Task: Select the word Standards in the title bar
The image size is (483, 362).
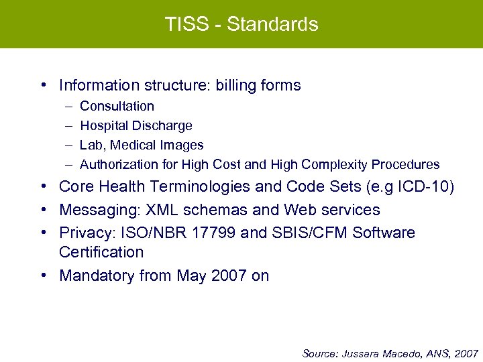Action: [272, 24]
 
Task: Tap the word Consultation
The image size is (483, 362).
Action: [117, 106]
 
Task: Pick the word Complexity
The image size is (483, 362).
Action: [334, 164]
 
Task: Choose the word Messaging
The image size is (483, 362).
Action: [97, 210]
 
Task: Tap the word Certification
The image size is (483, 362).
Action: [101, 252]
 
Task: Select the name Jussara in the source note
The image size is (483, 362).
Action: [362, 353]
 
